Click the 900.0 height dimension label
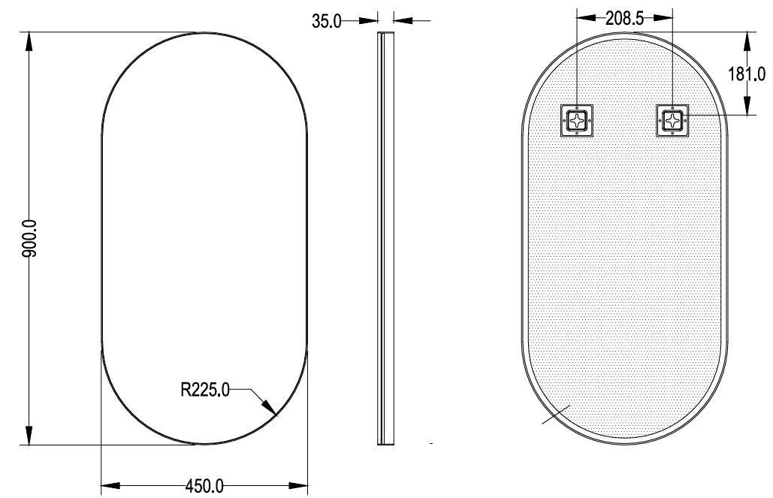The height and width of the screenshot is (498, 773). [29, 239]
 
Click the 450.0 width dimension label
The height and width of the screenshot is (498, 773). [204, 486]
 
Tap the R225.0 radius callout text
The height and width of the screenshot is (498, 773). [205, 390]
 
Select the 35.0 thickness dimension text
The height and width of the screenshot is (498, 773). [326, 21]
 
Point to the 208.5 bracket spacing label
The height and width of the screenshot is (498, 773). [624, 18]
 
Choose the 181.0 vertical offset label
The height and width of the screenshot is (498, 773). [747, 74]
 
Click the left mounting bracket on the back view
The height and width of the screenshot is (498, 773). [577, 120]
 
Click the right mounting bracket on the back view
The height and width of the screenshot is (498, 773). [672, 120]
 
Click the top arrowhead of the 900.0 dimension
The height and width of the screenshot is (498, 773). [29, 41]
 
